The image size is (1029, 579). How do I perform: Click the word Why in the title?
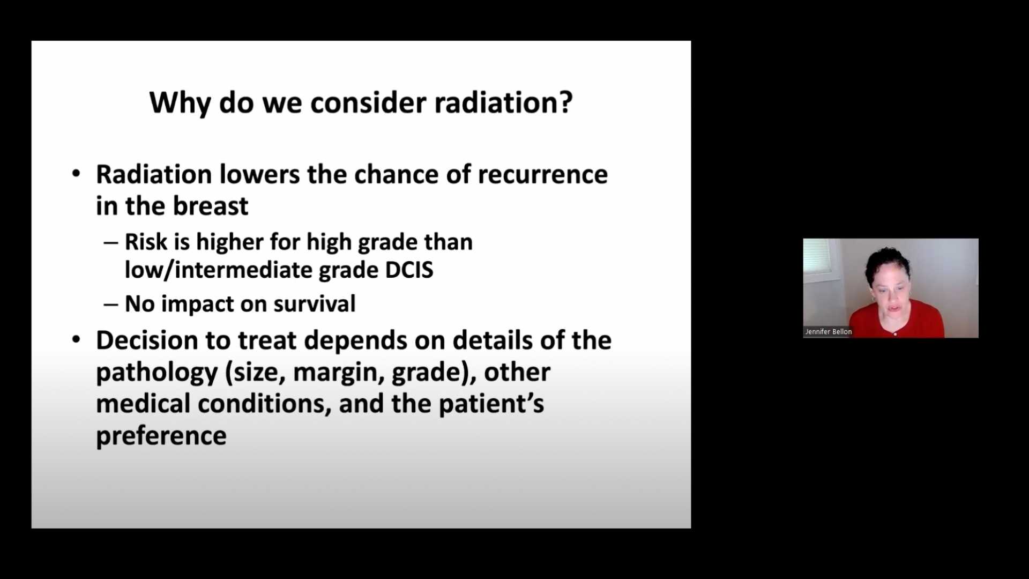pyautogui.click(x=180, y=103)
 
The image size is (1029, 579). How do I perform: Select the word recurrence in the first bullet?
pyautogui.click(x=542, y=175)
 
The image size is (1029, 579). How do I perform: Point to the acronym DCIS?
pyautogui.click(x=409, y=270)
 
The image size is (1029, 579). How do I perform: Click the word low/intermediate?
pyautogui.click(x=219, y=270)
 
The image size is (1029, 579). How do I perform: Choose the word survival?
pyautogui.click(x=314, y=304)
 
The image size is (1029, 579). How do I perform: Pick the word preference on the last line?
pyautogui.click(x=161, y=436)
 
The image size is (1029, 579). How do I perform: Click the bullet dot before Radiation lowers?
pyautogui.click(x=76, y=174)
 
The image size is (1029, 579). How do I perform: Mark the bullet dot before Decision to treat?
pyautogui.click(x=76, y=340)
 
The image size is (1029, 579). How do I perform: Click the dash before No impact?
pyautogui.click(x=111, y=305)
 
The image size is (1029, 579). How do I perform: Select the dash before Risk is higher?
pyautogui.click(x=111, y=242)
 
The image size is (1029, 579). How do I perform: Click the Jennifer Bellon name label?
pyautogui.click(x=828, y=332)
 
